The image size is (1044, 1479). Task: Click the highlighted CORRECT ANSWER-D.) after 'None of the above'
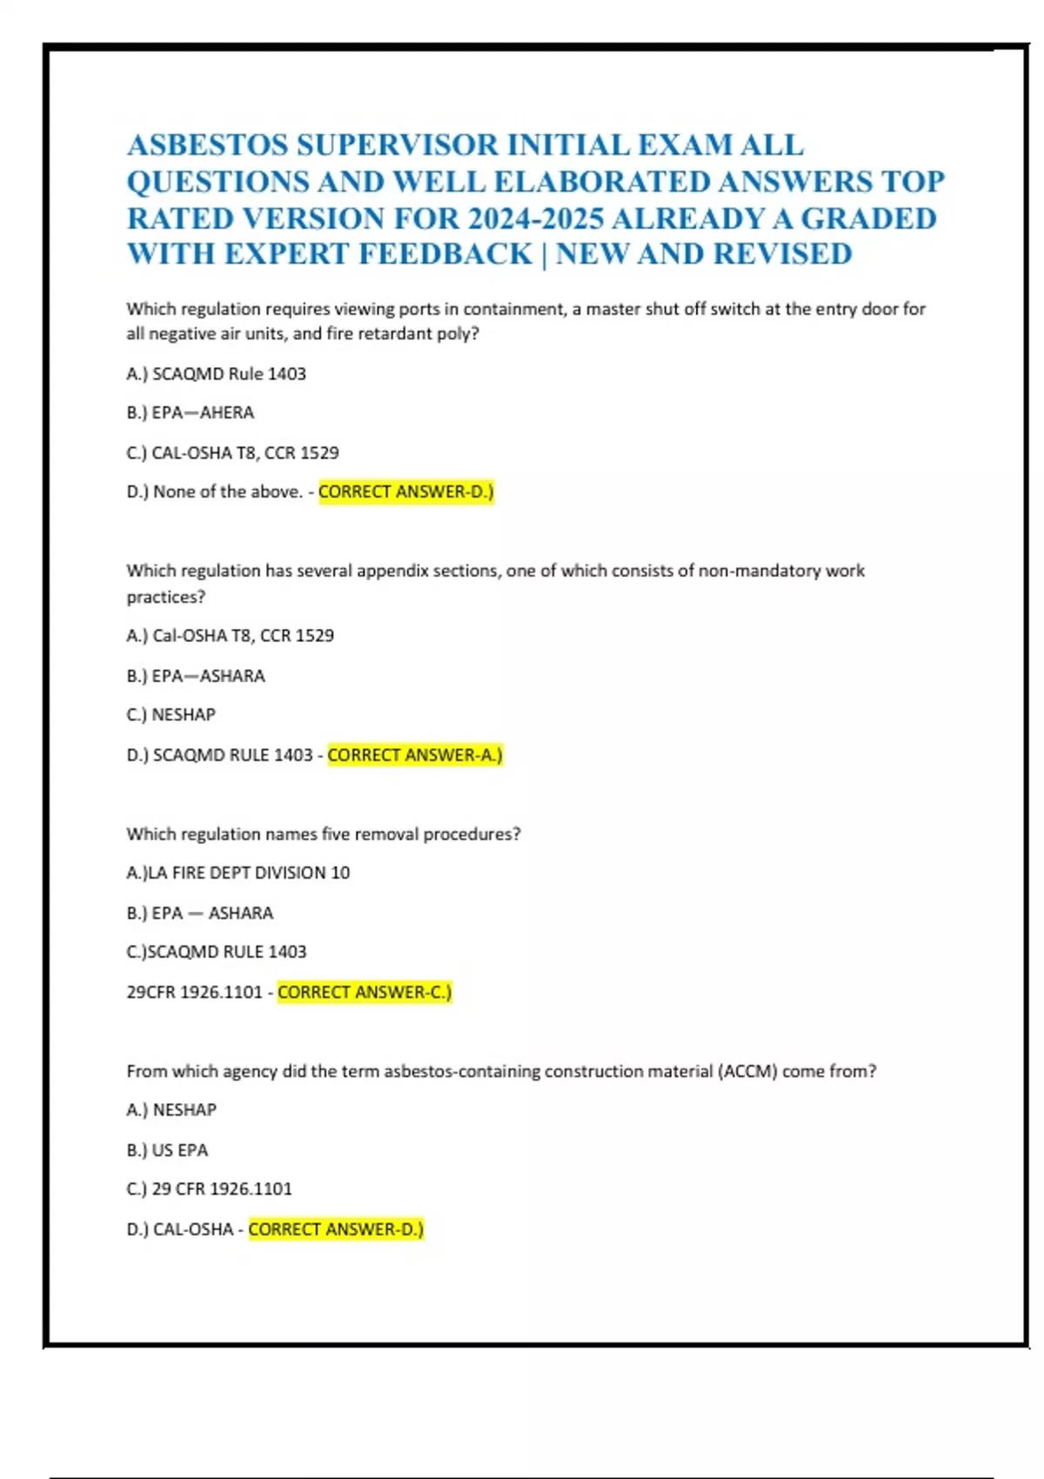(x=406, y=492)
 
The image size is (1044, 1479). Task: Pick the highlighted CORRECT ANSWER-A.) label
(x=415, y=755)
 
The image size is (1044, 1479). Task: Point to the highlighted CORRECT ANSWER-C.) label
(x=365, y=992)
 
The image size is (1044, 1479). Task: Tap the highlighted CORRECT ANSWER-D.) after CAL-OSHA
(x=336, y=1229)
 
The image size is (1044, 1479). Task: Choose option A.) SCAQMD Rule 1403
(x=217, y=374)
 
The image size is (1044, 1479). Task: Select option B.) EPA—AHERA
(x=191, y=413)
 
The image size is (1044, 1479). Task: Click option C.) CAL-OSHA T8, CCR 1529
(x=232, y=453)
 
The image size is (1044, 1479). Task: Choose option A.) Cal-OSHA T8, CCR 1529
(x=231, y=636)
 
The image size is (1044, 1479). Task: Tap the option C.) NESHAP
(x=171, y=715)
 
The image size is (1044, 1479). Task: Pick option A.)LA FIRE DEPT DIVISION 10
(x=238, y=873)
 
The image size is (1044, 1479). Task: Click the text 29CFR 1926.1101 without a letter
(x=194, y=992)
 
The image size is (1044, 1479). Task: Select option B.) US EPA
(x=167, y=1150)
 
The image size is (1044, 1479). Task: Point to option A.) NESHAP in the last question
(x=171, y=1110)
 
